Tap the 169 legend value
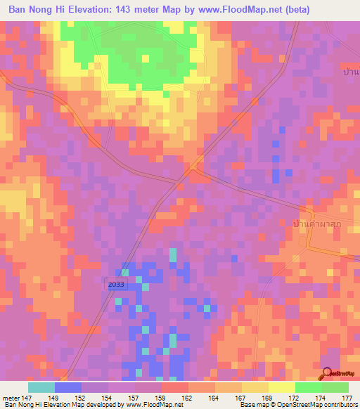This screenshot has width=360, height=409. click(x=268, y=398)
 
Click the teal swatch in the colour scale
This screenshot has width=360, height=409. click(x=41, y=387)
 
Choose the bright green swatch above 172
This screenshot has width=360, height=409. click(x=308, y=387)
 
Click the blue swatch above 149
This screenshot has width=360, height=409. click(x=68, y=387)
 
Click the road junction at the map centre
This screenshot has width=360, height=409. click(x=191, y=169)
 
